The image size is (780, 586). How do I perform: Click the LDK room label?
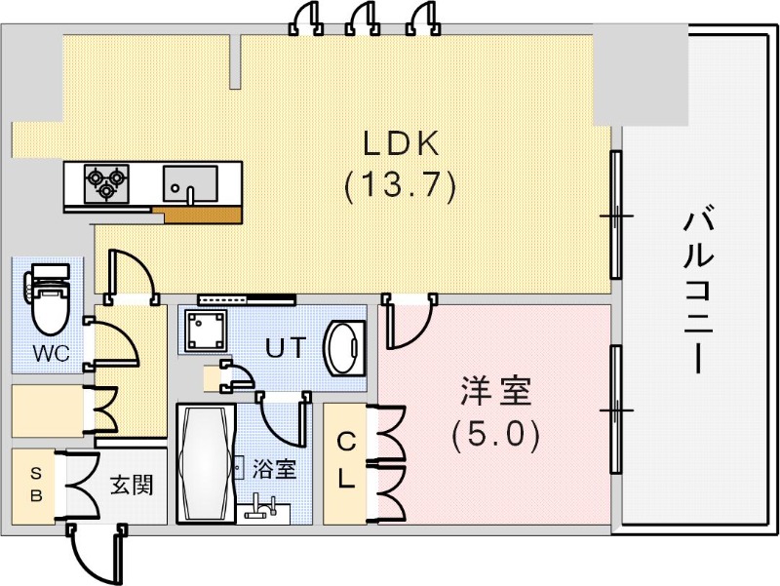pos(402,143)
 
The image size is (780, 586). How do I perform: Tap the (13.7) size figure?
pos(401,185)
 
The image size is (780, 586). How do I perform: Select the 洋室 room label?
pos(495,393)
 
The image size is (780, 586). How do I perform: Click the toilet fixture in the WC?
pos(47,298)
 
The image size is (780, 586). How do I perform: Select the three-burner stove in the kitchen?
pos(106,181)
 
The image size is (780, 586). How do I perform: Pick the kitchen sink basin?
pos(190,182)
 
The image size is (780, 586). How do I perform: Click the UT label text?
pos(288,346)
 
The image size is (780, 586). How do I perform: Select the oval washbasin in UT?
pos(343,346)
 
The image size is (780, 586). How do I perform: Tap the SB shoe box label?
pos(36,484)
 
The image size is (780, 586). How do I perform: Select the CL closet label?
pos(345,461)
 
